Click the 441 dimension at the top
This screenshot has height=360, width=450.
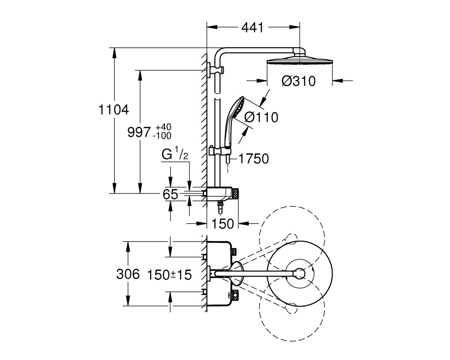point(252,27)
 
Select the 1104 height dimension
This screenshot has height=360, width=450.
point(114,110)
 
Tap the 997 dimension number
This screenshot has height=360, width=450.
point(139,132)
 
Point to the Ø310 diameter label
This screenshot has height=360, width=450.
point(298,81)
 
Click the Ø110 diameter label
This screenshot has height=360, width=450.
point(261,117)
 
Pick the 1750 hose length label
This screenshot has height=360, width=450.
point(254,159)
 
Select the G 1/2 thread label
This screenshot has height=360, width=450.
point(175,154)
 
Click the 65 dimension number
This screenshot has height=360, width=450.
point(171,195)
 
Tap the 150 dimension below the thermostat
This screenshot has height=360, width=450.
point(223,223)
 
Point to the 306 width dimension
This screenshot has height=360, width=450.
point(128,274)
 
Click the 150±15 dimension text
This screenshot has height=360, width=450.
point(169,275)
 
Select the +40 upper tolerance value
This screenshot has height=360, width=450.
point(163,127)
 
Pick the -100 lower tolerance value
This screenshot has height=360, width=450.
point(162,135)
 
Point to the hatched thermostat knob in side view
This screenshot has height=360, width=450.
point(235,193)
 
